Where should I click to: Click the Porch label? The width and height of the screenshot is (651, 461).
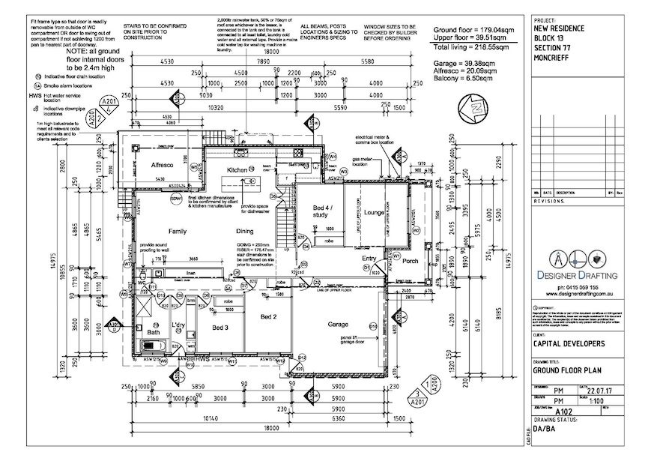[x=410, y=262]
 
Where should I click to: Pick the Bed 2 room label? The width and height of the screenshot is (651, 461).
[x=268, y=317]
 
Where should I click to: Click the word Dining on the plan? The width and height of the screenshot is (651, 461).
[x=246, y=232]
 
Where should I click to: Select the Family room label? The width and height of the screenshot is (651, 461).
[x=178, y=232]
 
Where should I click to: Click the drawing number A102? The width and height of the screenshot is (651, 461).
[x=566, y=411]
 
